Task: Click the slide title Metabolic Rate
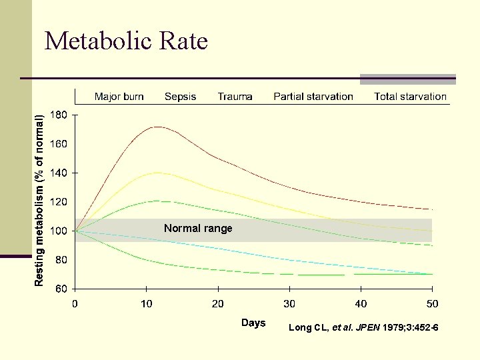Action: pyautogui.click(x=126, y=41)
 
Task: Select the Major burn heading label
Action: pyautogui.click(x=119, y=97)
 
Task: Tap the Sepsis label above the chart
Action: pyautogui.click(x=180, y=97)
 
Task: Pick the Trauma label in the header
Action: pyautogui.click(x=235, y=97)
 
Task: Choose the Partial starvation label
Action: pyautogui.click(x=313, y=97)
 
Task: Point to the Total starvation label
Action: pyautogui.click(x=410, y=97)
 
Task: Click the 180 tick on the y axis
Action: pyautogui.click(x=59, y=115)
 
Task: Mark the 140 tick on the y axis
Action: pyautogui.click(x=59, y=173)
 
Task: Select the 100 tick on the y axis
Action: pyautogui.click(x=59, y=231)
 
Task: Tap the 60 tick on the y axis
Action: pyautogui.click(x=61, y=289)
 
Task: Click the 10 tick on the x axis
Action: pyautogui.click(x=146, y=304)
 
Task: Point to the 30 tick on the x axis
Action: pyautogui.click(x=289, y=304)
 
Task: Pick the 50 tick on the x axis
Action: pyautogui.click(x=433, y=304)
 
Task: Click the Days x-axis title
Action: pyautogui.click(x=253, y=323)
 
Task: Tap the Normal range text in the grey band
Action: pyautogui.click(x=198, y=229)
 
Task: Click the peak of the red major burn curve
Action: pyautogui.click(x=157, y=127)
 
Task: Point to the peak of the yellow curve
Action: pyautogui.click(x=157, y=173)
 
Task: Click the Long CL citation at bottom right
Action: pyautogui.click(x=363, y=327)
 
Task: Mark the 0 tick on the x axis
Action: pyautogui.click(x=75, y=304)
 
